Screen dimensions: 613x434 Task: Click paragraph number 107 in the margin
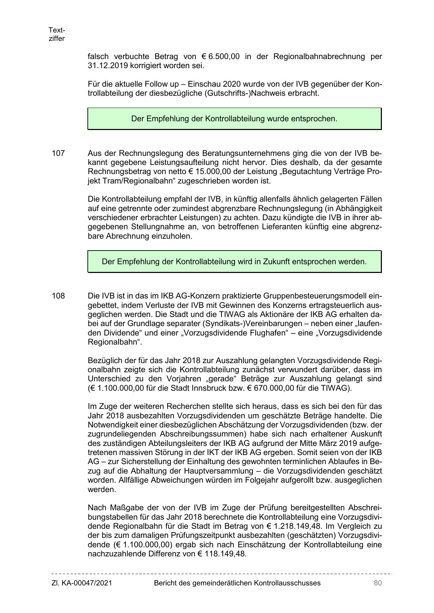(x=58, y=153)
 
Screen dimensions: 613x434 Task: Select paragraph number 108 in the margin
(x=58, y=296)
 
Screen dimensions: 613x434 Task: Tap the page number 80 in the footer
(x=377, y=583)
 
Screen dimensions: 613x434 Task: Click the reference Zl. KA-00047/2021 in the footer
(x=81, y=583)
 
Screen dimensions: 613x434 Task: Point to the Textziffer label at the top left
(x=57, y=34)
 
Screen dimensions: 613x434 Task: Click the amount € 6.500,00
(x=220, y=56)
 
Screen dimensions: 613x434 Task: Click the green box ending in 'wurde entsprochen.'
(x=234, y=118)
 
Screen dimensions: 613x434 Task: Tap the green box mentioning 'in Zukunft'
(x=234, y=261)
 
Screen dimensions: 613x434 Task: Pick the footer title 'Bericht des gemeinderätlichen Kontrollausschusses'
(x=237, y=583)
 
